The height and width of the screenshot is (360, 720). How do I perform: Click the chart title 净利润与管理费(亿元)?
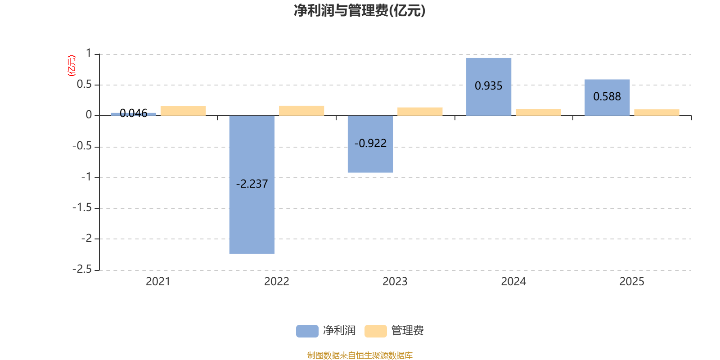click(x=360, y=11)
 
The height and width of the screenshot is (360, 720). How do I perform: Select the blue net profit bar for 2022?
click(x=252, y=184)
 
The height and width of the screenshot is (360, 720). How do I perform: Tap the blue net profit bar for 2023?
click(x=370, y=144)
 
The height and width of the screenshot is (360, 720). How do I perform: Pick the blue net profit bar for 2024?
click(x=489, y=87)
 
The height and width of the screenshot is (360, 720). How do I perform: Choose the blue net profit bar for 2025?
click(x=607, y=97)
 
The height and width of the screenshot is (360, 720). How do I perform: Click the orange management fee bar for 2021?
click(x=183, y=111)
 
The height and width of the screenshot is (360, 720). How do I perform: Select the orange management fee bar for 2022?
click(x=301, y=111)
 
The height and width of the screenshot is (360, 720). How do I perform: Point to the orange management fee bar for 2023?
click(x=420, y=112)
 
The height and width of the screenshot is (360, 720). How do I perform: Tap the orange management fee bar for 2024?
click(x=538, y=112)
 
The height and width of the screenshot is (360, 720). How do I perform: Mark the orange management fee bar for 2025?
click(x=657, y=112)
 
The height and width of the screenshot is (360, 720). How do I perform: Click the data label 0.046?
click(x=133, y=113)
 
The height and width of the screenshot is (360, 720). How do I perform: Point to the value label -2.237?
click(x=252, y=184)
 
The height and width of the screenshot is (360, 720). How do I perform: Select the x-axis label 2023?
click(x=395, y=282)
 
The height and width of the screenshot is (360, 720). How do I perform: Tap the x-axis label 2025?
click(x=632, y=282)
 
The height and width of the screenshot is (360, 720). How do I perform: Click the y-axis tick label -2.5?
click(x=82, y=269)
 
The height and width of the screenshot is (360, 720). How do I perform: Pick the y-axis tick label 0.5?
click(x=84, y=84)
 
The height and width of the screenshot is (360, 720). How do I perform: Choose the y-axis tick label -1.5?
click(x=82, y=207)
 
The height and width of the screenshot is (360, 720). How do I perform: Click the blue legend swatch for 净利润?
click(x=307, y=331)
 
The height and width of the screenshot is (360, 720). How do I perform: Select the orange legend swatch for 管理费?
click(x=375, y=331)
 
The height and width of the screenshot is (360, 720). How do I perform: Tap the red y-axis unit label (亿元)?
click(x=72, y=66)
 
